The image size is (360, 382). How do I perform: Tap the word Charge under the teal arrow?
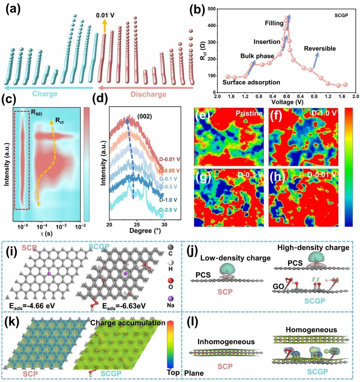(x=45, y=94)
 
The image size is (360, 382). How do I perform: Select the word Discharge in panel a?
(x=148, y=94)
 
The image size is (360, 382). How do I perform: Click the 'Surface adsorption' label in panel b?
(x=251, y=82)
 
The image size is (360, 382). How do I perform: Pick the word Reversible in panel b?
(x=320, y=49)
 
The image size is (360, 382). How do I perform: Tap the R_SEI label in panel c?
(x=38, y=112)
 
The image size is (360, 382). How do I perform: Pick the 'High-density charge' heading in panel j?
(x=313, y=248)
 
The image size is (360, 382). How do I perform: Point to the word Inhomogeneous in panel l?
(x=226, y=342)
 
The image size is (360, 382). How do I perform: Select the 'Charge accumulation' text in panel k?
(x=128, y=323)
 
